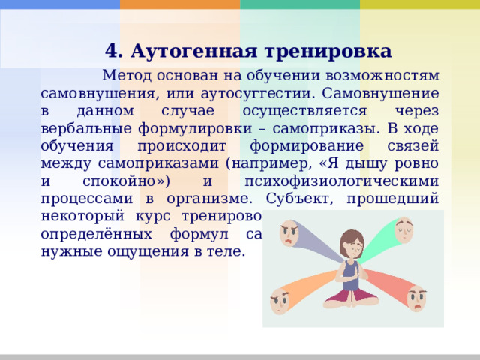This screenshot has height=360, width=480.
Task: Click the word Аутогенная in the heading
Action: coord(190,51)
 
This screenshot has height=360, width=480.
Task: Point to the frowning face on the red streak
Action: coord(416,298)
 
